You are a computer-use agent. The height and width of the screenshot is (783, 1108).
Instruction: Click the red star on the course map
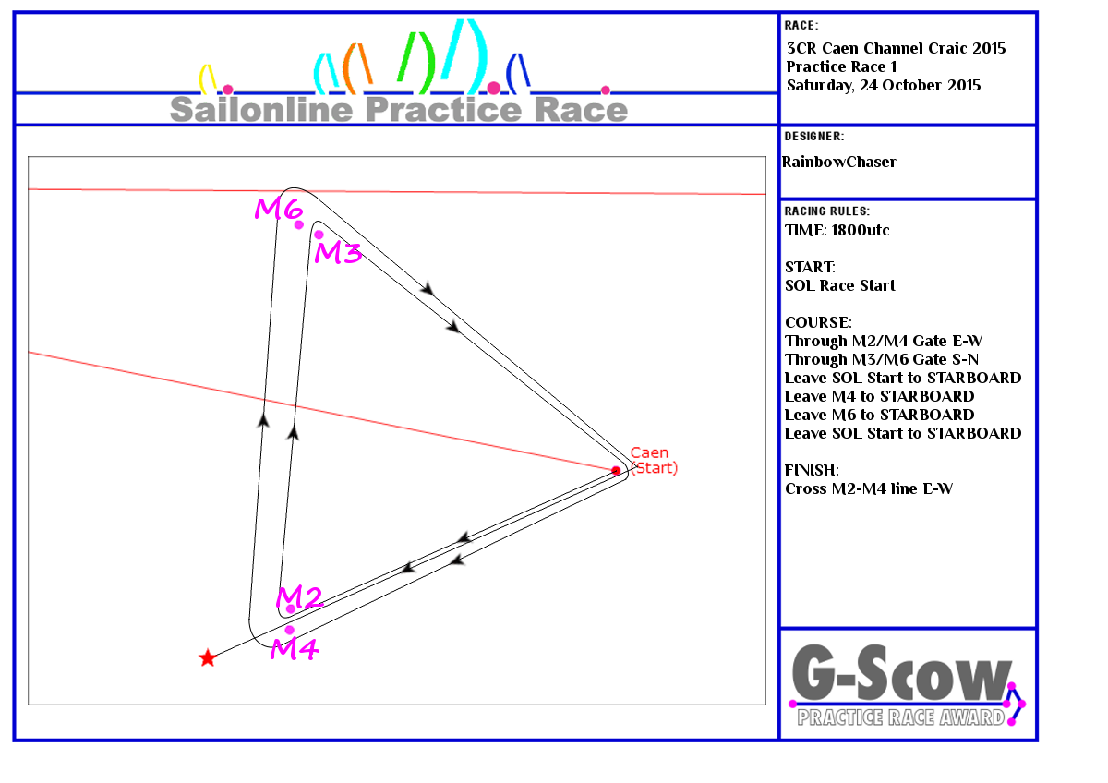(x=208, y=657)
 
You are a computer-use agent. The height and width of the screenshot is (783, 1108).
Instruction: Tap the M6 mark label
(x=279, y=209)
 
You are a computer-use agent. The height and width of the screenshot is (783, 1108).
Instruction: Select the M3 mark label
(x=338, y=252)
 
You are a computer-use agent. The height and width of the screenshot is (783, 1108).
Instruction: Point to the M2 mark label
(x=300, y=596)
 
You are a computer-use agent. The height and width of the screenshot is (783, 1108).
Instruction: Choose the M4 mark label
(x=295, y=648)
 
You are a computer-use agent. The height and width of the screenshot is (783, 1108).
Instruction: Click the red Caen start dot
(x=616, y=470)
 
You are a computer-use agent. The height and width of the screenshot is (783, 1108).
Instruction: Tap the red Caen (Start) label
(x=654, y=460)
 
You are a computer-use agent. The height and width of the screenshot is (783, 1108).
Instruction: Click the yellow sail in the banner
(x=208, y=78)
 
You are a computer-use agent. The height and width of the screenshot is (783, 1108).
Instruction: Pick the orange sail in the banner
(x=357, y=68)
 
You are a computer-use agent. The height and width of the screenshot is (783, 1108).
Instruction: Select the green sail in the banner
(x=417, y=63)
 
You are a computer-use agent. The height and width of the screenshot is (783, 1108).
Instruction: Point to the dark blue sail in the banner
(x=518, y=73)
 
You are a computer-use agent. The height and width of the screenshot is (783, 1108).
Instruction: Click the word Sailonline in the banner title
(x=261, y=109)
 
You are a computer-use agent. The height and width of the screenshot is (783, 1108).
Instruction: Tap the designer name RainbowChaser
(x=839, y=162)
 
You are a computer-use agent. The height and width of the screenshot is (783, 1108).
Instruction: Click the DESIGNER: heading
(x=814, y=136)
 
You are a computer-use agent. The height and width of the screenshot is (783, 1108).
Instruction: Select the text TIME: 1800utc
(x=837, y=230)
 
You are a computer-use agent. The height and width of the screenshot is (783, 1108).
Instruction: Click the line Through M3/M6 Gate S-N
(x=882, y=359)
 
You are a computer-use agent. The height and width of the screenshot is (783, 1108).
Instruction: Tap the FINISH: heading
(x=812, y=469)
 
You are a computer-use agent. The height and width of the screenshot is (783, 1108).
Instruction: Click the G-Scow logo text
(x=902, y=673)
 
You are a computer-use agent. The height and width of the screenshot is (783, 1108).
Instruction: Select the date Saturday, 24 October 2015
(x=884, y=85)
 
